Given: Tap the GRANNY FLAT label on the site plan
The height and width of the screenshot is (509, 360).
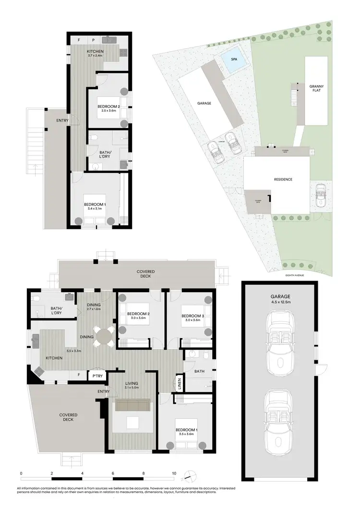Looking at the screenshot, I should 316,88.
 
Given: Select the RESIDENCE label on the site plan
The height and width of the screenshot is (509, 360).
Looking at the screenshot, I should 283,179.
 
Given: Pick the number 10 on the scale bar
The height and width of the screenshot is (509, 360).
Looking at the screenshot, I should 174,473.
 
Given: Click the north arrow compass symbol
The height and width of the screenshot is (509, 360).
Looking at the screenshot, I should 190,475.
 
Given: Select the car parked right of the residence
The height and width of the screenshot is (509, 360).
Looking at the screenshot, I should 320,194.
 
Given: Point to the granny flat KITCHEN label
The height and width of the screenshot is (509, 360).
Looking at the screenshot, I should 96,51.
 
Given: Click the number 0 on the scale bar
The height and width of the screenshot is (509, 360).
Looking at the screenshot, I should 21,473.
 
